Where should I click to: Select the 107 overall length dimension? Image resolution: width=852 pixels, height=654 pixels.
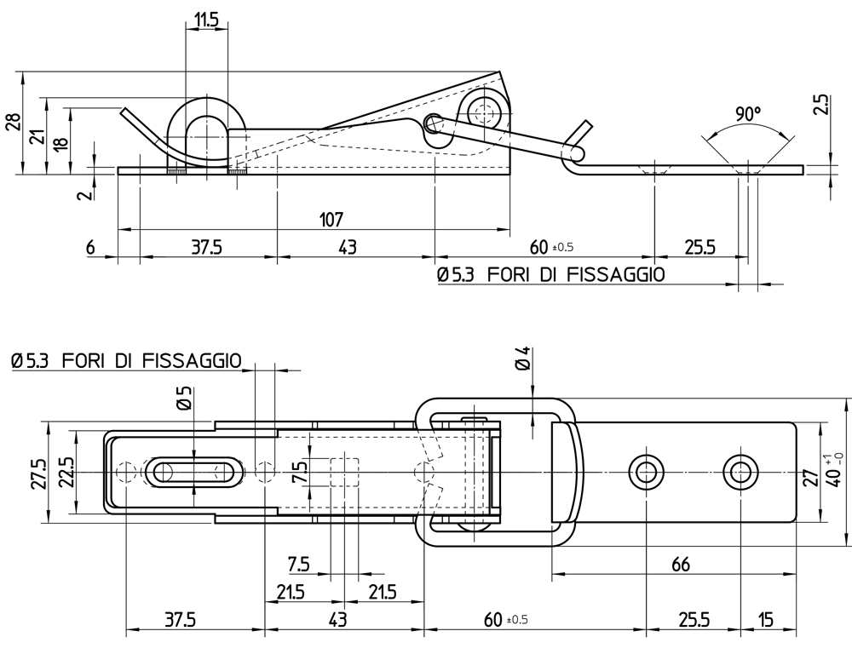pyautogui.click(x=331, y=219)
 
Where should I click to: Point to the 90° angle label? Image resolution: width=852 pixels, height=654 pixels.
pyautogui.click(x=746, y=114)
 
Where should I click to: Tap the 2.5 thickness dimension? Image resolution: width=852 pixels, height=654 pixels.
pyautogui.click(x=820, y=105)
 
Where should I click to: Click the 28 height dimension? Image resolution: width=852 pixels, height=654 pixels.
pyautogui.click(x=13, y=123)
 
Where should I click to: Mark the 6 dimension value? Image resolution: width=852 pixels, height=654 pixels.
pyautogui.click(x=90, y=248)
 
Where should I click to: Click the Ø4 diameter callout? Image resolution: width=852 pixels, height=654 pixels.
pyautogui.click(x=523, y=359)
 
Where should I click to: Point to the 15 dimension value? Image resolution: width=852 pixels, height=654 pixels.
pyautogui.click(x=765, y=620)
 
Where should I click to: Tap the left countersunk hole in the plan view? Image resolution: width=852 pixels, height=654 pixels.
pyautogui.click(x=645, y=470)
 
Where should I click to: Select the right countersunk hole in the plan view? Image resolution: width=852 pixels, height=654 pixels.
pyautogui.click(x=740, y=470)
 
